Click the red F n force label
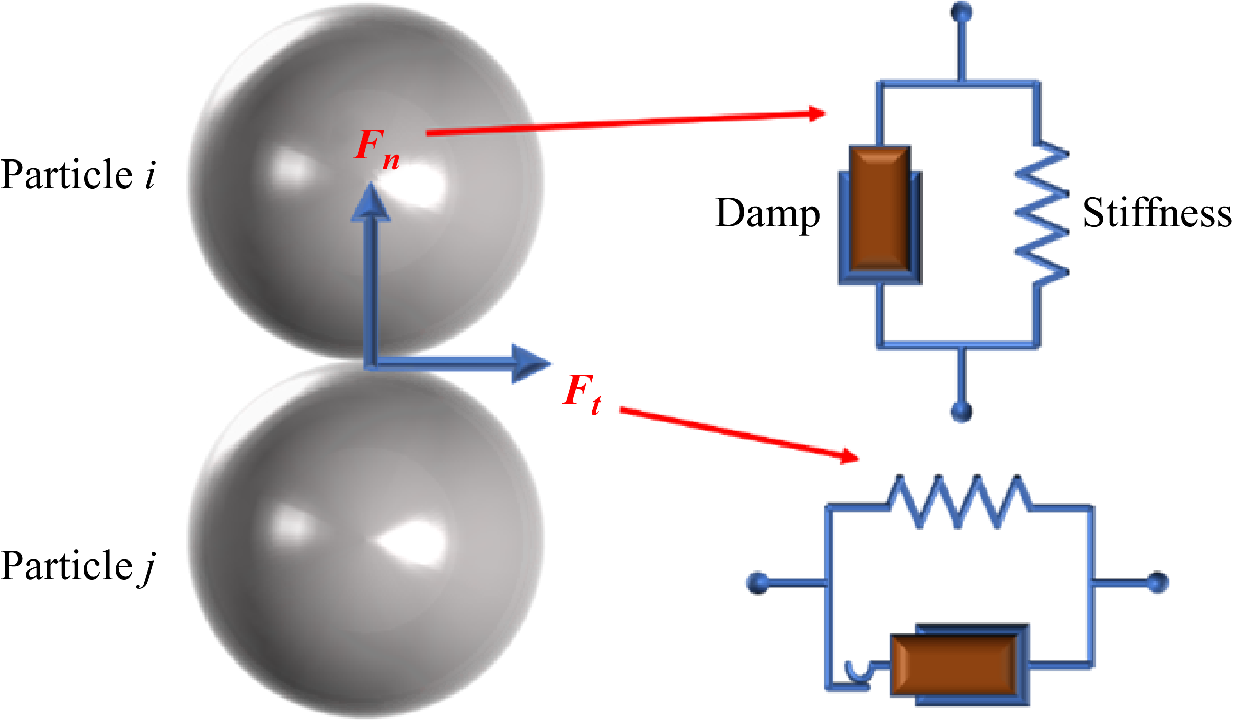click(x=376, y=148)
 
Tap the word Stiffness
click(x=1157, y=213)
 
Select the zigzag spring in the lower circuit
click(x=959, y=502)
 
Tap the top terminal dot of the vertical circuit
click(x=961, y=12)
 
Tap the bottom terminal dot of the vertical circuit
click(x=961, y=412)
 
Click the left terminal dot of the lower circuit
click(x=758, y=582)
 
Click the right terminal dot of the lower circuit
click(x=1158, y=582)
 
